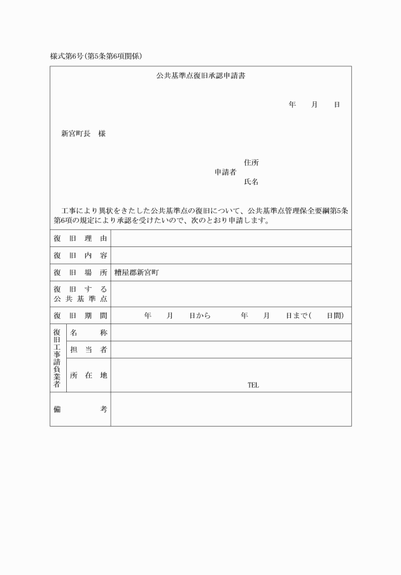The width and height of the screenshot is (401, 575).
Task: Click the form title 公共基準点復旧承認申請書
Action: tap(201, 76)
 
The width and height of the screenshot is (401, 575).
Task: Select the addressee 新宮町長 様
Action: tap(83, 134)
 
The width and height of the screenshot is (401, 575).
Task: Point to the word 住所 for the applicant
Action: tap(251, 162)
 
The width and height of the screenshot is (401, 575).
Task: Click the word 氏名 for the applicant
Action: tap(251, 181)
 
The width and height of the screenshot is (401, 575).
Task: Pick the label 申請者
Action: tap(225, 172)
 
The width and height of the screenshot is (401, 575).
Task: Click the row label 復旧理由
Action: tap(80, 238)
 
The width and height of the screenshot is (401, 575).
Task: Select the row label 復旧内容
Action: tap(80, 255)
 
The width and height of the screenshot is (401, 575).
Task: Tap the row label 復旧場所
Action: tap(80, 273)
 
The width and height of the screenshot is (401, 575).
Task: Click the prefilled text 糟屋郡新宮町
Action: tap(136, 273)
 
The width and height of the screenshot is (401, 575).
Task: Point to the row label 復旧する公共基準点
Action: tap(80, 294)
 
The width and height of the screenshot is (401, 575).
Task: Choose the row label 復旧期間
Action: tap(80, 315)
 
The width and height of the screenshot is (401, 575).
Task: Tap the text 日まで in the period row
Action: tap(297, 315)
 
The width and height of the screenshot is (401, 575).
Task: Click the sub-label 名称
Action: tap(88, 332)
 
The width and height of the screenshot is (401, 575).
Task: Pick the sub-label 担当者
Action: tap(88, 350)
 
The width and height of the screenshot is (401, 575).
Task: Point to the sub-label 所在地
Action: tap(88, 375)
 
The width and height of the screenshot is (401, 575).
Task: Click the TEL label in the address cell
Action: tap(253, 385)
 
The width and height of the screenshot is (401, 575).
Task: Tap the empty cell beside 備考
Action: tap(230, 409)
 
